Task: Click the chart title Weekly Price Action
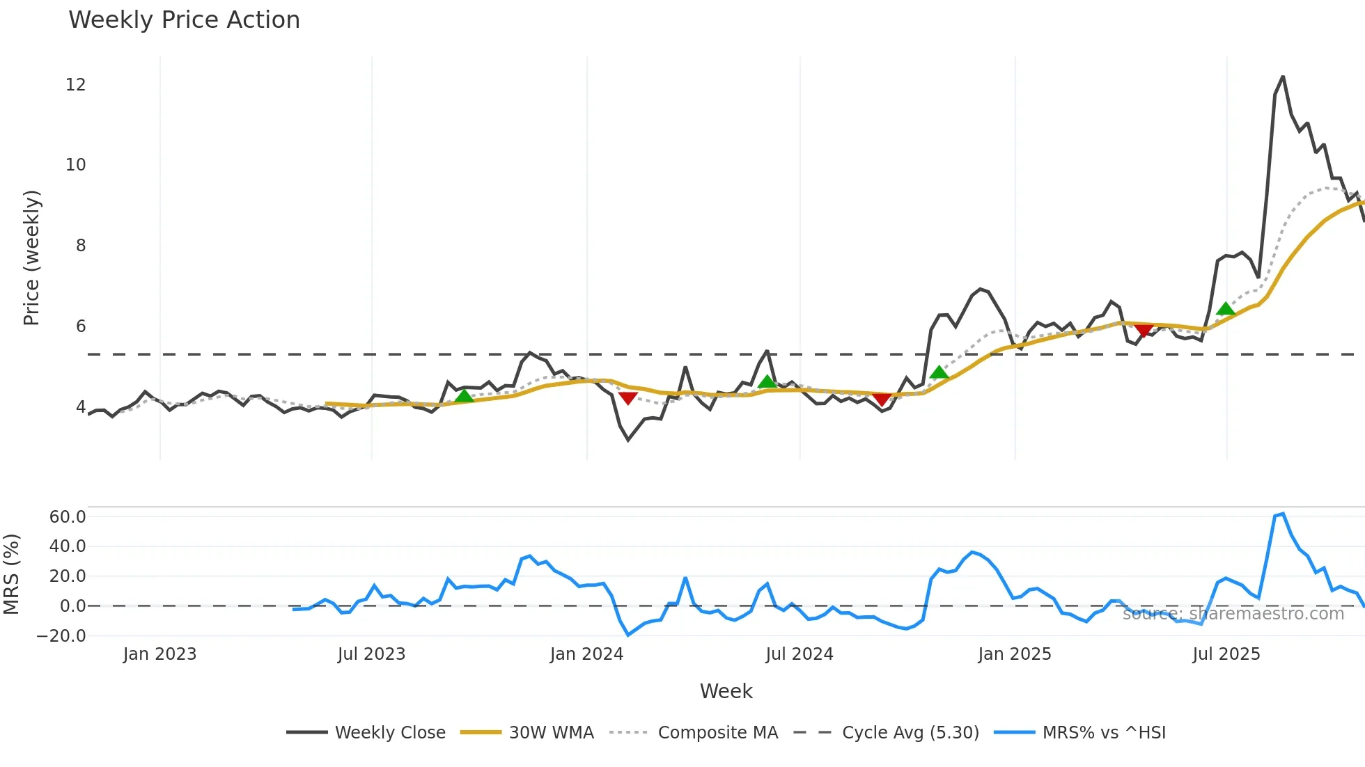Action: pos(184,20)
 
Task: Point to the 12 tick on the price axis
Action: pos(75,85)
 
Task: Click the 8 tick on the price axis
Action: pos(81,246)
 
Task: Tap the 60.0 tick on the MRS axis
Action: pos(68,516)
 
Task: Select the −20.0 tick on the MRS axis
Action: pos(61,635)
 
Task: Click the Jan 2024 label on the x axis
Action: pos(586,654)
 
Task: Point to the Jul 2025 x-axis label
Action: pos(1226,654)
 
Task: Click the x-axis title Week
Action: pos(726,691)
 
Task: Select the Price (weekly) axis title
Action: pos(31,258)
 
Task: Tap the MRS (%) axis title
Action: pos(11,574)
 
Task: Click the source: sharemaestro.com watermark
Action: pos(1233,614)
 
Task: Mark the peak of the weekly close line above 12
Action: pos(1283,77)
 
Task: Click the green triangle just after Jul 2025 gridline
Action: pos(1226,309)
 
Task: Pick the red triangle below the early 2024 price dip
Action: pos(627,397)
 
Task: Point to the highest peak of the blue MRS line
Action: pos(1283,514)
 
